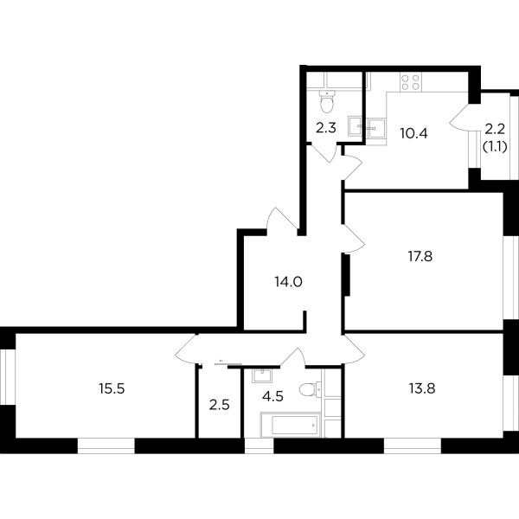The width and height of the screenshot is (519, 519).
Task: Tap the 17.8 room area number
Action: pyautogui.click(x=420, y=255)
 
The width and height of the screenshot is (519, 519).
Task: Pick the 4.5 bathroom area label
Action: pyautogui.click(x=274, y=399)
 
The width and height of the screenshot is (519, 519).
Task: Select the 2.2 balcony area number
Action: pyautogui.click(x=494, y=131)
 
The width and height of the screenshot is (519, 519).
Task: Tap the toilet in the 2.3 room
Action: pyautogui.click(x=327, y=103)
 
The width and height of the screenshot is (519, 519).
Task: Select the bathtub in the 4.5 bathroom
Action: pyautogui.click(x=290, y=426)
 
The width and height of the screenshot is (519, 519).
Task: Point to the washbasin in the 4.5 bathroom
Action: pyautogui.click(x=260, y=376)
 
